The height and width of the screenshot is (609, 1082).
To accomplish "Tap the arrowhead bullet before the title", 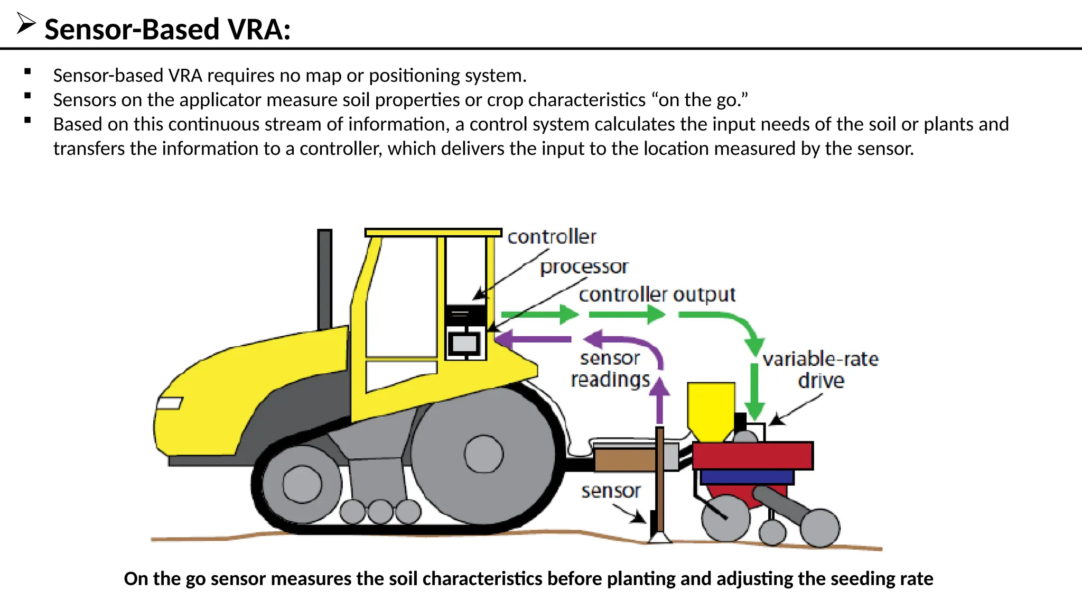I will point(25,23).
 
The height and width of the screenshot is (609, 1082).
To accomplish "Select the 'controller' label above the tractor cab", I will point(552,237).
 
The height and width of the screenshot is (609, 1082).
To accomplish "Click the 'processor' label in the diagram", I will point(584,267).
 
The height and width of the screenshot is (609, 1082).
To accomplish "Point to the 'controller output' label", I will point(657,294).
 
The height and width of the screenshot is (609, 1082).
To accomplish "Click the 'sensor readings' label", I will point(610,369).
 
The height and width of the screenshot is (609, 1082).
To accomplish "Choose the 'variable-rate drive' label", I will point(820,370).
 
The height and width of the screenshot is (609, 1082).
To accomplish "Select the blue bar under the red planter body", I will point(747,477).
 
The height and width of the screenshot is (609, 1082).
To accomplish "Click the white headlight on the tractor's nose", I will point(170,403).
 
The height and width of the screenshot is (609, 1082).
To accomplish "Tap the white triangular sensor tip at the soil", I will point(660,538).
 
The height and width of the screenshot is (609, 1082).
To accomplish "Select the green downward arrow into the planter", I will point(754,391).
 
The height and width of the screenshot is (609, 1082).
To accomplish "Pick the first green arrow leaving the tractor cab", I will point(539,315).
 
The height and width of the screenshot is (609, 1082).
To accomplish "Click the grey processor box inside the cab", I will point(464,344).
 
